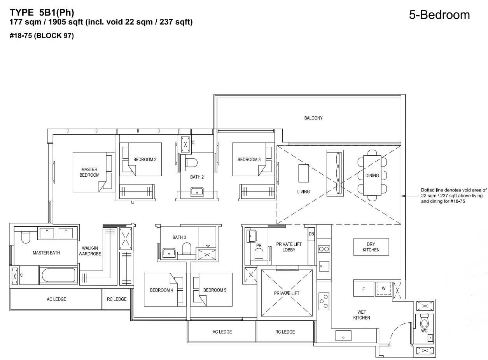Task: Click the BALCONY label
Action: [313, 118]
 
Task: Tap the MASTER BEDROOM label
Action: [89, 172]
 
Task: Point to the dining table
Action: [372, 175]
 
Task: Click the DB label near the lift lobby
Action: [311, 234]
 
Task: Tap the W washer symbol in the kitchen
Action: [383, 288]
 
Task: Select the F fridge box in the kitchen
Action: [364, 289]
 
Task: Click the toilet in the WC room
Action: [424, 321]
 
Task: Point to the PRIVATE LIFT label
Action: [287, 293]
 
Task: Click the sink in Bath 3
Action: [169, 253]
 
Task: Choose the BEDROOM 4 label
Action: [161, 290]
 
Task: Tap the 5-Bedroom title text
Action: [439, 15]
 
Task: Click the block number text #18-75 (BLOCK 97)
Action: [42, 35]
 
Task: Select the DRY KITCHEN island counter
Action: [371, 247]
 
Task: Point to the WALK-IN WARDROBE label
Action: [90, 251]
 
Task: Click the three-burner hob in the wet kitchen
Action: [324, 301]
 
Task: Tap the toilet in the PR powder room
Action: [259, 254]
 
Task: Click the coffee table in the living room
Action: [303, 173]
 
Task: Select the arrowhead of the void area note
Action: [403, 196]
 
